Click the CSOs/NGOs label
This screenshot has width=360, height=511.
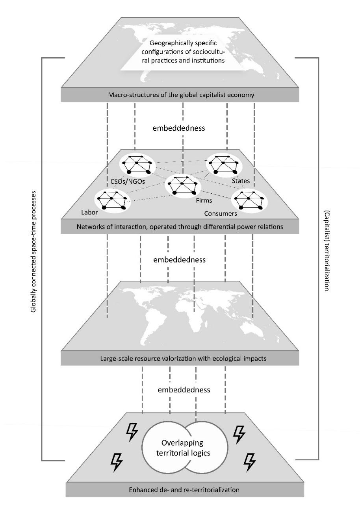click(128, 181)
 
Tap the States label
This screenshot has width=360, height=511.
click(241, 181)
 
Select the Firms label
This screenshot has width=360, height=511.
click(204, 200)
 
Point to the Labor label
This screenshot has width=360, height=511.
click(89, 212)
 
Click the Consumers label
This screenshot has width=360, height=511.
click(221, 213)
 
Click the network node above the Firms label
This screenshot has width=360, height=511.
click(183, 185)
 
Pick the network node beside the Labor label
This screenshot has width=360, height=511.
click(112, 200)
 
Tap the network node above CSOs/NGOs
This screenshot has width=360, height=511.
click(137, 164)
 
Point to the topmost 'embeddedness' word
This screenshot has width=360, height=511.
click(179, 128)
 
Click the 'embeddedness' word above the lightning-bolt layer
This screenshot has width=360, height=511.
click(184, 390)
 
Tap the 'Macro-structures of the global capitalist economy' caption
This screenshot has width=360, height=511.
click(181, 95)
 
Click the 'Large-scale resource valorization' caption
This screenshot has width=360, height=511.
click(183, 359)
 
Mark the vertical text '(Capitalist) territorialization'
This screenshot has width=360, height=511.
click(327, 250)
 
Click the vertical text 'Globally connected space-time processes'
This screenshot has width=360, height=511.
click(33, 252)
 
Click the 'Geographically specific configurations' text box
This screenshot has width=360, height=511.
click(183, 52)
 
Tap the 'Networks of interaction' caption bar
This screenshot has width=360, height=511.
click(180, 227)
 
